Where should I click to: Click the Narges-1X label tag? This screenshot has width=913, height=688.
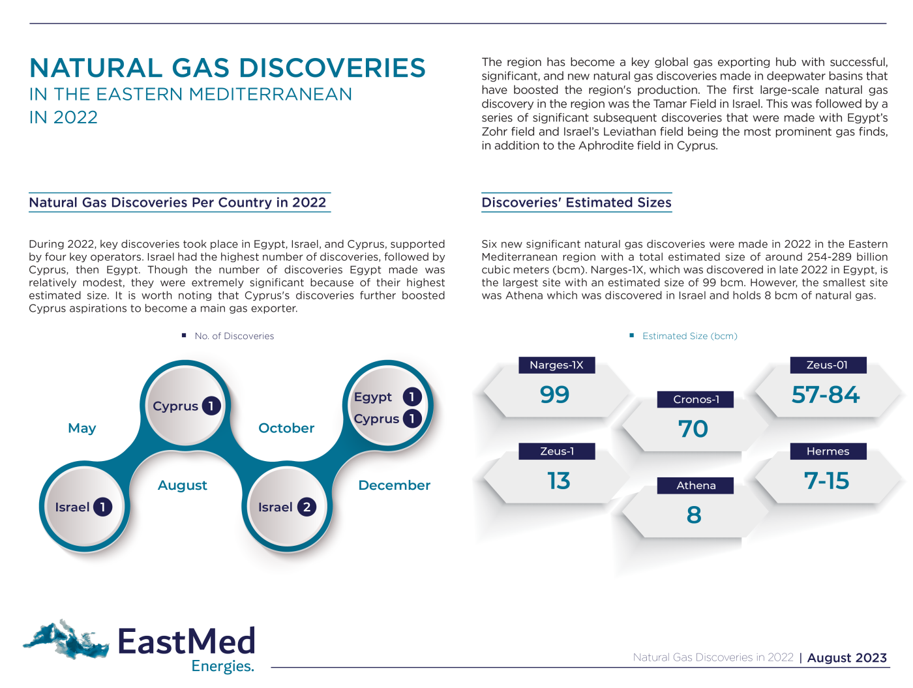click(556, 365)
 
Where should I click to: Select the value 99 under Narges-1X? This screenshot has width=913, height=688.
click(554, 395)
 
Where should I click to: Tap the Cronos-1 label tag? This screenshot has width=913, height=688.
click(696, 400)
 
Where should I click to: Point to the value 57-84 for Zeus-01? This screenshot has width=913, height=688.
click(826, 395)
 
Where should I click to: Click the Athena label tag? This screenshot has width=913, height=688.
click(696, 486)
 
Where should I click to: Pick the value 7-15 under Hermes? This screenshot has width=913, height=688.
click(826, 481)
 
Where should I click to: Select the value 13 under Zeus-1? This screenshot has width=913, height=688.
click(559, 481)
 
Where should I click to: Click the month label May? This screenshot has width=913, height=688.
click(82, 428)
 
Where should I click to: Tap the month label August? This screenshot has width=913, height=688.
click(183, 486)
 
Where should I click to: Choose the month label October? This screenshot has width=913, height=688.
click(286, 428)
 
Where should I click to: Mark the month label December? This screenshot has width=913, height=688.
click(395, 486)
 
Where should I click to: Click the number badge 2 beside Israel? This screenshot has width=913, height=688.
click(307, 507)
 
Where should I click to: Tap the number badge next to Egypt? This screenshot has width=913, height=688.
click(412, 396)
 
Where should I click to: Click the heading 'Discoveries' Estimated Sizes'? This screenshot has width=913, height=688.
click(576, 203)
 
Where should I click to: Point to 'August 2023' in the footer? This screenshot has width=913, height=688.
click(847, 658)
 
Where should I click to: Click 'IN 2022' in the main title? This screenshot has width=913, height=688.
click(63, 118)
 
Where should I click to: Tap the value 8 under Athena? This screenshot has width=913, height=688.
click(694, 515)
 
